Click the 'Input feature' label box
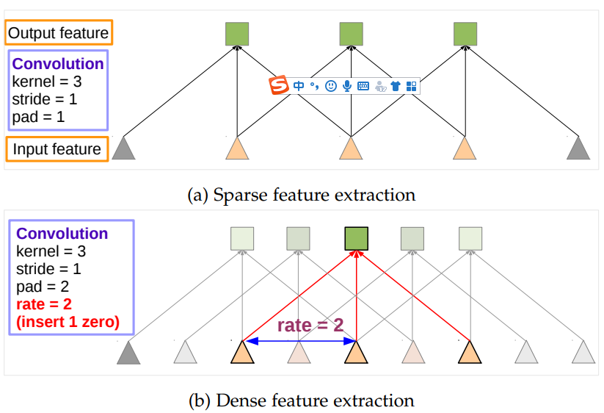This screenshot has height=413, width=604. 57,149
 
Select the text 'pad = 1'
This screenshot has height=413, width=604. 39,115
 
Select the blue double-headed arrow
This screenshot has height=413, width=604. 301,341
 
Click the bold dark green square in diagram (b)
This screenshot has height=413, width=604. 356,239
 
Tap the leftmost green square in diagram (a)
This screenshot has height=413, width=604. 237,34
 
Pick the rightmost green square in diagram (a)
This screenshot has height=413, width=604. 465,34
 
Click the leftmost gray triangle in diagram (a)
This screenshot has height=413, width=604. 123,149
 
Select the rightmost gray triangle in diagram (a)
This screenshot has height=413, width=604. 578,149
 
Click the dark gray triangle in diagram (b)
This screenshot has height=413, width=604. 129,354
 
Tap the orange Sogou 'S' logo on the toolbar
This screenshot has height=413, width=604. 279,85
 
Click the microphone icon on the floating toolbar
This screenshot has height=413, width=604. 346,86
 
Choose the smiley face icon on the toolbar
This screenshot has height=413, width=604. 331,86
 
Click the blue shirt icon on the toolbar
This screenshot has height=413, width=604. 396,86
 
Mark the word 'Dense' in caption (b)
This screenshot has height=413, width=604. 237,401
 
